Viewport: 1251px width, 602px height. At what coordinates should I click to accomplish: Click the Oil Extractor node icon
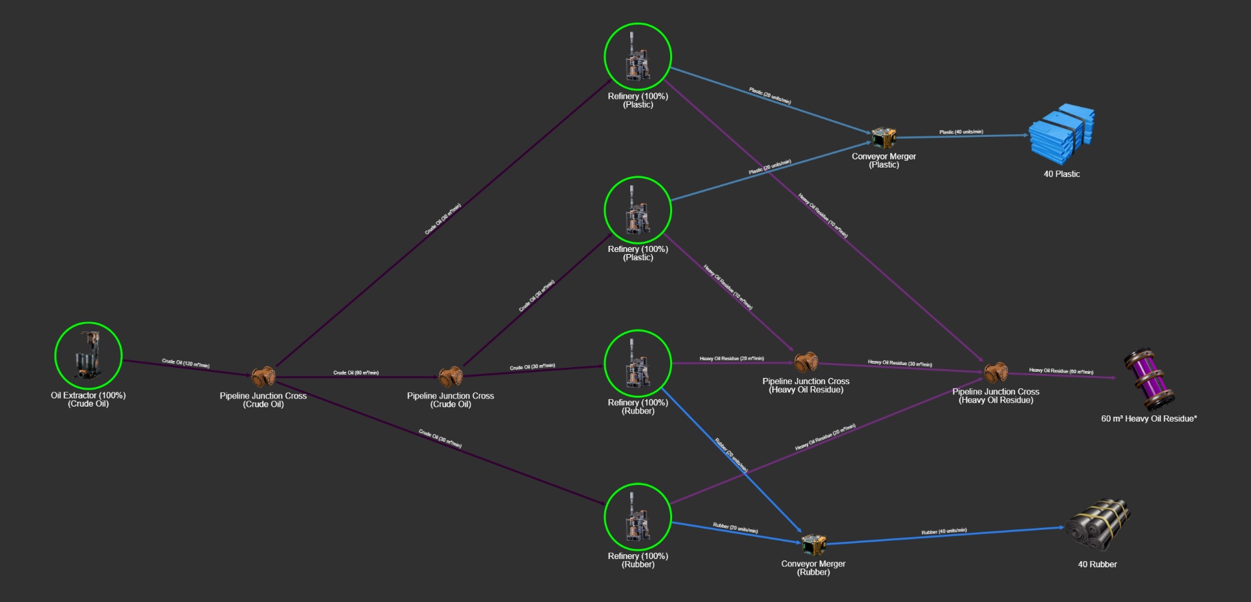(x=88, y=355)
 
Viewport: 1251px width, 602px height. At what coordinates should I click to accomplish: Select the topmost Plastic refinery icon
(x=637, y=57)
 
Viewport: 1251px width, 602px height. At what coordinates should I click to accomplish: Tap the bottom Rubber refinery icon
(x=637, y=517)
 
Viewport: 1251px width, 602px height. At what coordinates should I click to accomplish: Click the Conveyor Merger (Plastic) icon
(x=883, y=138)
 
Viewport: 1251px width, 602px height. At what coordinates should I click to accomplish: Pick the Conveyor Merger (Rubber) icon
(x=813, y=545)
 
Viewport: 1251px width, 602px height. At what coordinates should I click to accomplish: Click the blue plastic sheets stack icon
(x=1062, y=134)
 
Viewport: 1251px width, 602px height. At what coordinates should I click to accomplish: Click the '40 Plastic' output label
(x=1062, y=174)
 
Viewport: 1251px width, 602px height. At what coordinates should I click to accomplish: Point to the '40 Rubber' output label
(x=1097, y=565)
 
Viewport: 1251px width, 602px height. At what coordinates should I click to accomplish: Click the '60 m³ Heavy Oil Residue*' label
(x=1149, y=419)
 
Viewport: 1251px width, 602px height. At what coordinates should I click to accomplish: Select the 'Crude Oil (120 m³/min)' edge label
(x=185, y=364)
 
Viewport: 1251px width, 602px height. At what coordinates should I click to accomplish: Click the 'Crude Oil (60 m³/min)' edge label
(x=355, y=373)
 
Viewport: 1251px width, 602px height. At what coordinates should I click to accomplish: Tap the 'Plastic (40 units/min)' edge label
(x=961, y=132)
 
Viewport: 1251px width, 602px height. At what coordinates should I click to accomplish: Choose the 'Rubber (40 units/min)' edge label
(x=944, y=531)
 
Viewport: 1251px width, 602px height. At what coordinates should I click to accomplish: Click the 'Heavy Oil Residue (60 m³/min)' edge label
(x=1061, y=371)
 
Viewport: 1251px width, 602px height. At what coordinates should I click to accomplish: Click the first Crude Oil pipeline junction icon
(x=263, y=376)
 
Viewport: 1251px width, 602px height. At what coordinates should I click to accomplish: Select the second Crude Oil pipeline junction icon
(x=450, y=376)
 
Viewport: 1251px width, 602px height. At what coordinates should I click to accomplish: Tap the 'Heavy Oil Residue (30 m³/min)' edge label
(x=900, y=364)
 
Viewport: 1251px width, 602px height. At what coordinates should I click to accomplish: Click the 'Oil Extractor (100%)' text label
(x=88, y=396)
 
